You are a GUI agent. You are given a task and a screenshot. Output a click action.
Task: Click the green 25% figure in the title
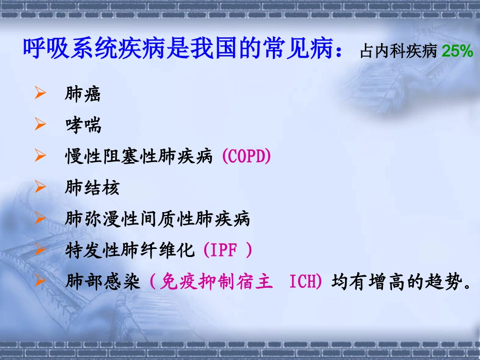tap(457, 52)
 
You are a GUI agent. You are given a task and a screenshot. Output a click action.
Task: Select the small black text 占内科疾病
tap(398, 52)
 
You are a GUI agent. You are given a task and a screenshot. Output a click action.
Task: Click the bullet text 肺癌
tap(83, 94)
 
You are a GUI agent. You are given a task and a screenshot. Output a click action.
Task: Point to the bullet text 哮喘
tap(83, 125)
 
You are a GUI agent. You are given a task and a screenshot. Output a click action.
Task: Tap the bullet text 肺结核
tap(92, 188)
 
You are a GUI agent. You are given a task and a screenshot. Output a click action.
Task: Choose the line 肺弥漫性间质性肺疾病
tap(158, 219)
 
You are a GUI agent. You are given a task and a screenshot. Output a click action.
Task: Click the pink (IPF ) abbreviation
tap(227, 250)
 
